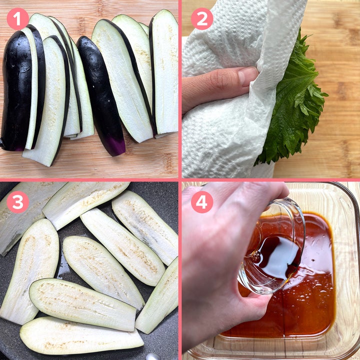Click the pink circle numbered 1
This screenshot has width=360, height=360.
click(18, 19)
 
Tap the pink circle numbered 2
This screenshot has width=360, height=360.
click(202, 19)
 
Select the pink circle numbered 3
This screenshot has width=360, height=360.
click(18, 202)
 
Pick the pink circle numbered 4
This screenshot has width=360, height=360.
click(202, 202)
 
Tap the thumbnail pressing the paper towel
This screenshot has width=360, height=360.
click(247, 76)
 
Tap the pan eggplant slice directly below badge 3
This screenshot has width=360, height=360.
click(30, 271)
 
